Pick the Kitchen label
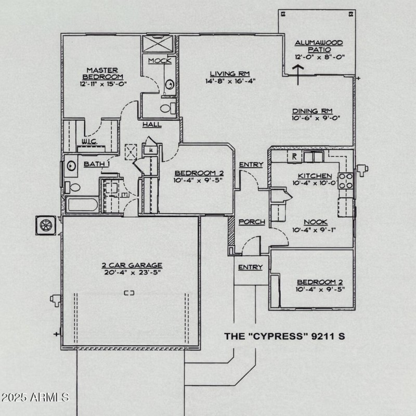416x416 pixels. [315, 176]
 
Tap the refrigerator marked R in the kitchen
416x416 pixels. [294, 156]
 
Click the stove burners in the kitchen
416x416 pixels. [346, 180]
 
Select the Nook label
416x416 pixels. [316, 222]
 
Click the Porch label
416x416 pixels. [252, 222]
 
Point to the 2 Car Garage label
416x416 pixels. [132, 265]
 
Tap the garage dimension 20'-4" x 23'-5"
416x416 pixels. [132, 272]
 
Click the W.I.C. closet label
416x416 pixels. [90, 141]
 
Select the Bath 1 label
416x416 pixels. [97, 164]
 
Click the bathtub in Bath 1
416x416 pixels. [82, 204]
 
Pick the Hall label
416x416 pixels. [152, 125]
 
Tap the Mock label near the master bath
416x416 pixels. [159, 61]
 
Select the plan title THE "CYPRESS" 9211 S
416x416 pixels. [284, 336]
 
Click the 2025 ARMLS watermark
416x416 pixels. [35, 398]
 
